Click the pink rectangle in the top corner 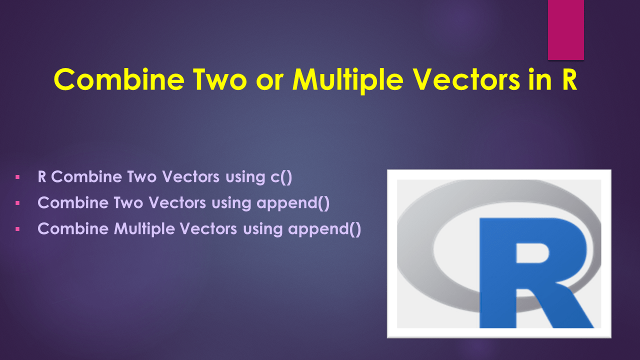click(x=565, y=29)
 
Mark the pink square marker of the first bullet click(x=17, y=177)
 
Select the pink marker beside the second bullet click(x=17, y=203)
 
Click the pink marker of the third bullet click(x=17, y=229)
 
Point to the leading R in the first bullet click(x=42, y=177)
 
